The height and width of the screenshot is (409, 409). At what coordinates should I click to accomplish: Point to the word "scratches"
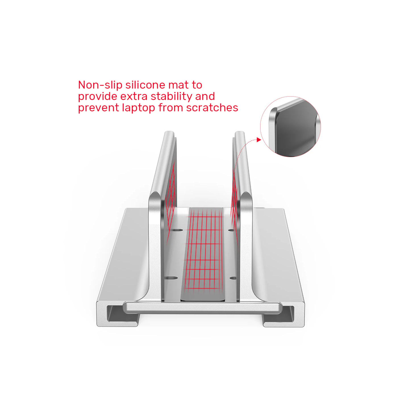[212, 108]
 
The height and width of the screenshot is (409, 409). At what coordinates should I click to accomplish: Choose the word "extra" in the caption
[134, 97]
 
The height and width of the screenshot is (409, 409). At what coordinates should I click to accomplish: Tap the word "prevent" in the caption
[99, 108]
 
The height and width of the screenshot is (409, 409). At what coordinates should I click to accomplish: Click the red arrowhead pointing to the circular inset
[258, 139]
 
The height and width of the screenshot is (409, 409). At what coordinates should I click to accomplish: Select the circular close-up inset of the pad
[291, 126]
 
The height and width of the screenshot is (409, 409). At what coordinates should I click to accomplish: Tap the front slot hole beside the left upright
[171, 278]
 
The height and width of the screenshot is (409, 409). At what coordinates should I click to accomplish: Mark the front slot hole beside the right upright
[233, 278]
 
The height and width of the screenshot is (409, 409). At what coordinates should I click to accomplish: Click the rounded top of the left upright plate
[169, 133]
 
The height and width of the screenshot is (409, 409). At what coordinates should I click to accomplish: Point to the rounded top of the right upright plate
[240, 133]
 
